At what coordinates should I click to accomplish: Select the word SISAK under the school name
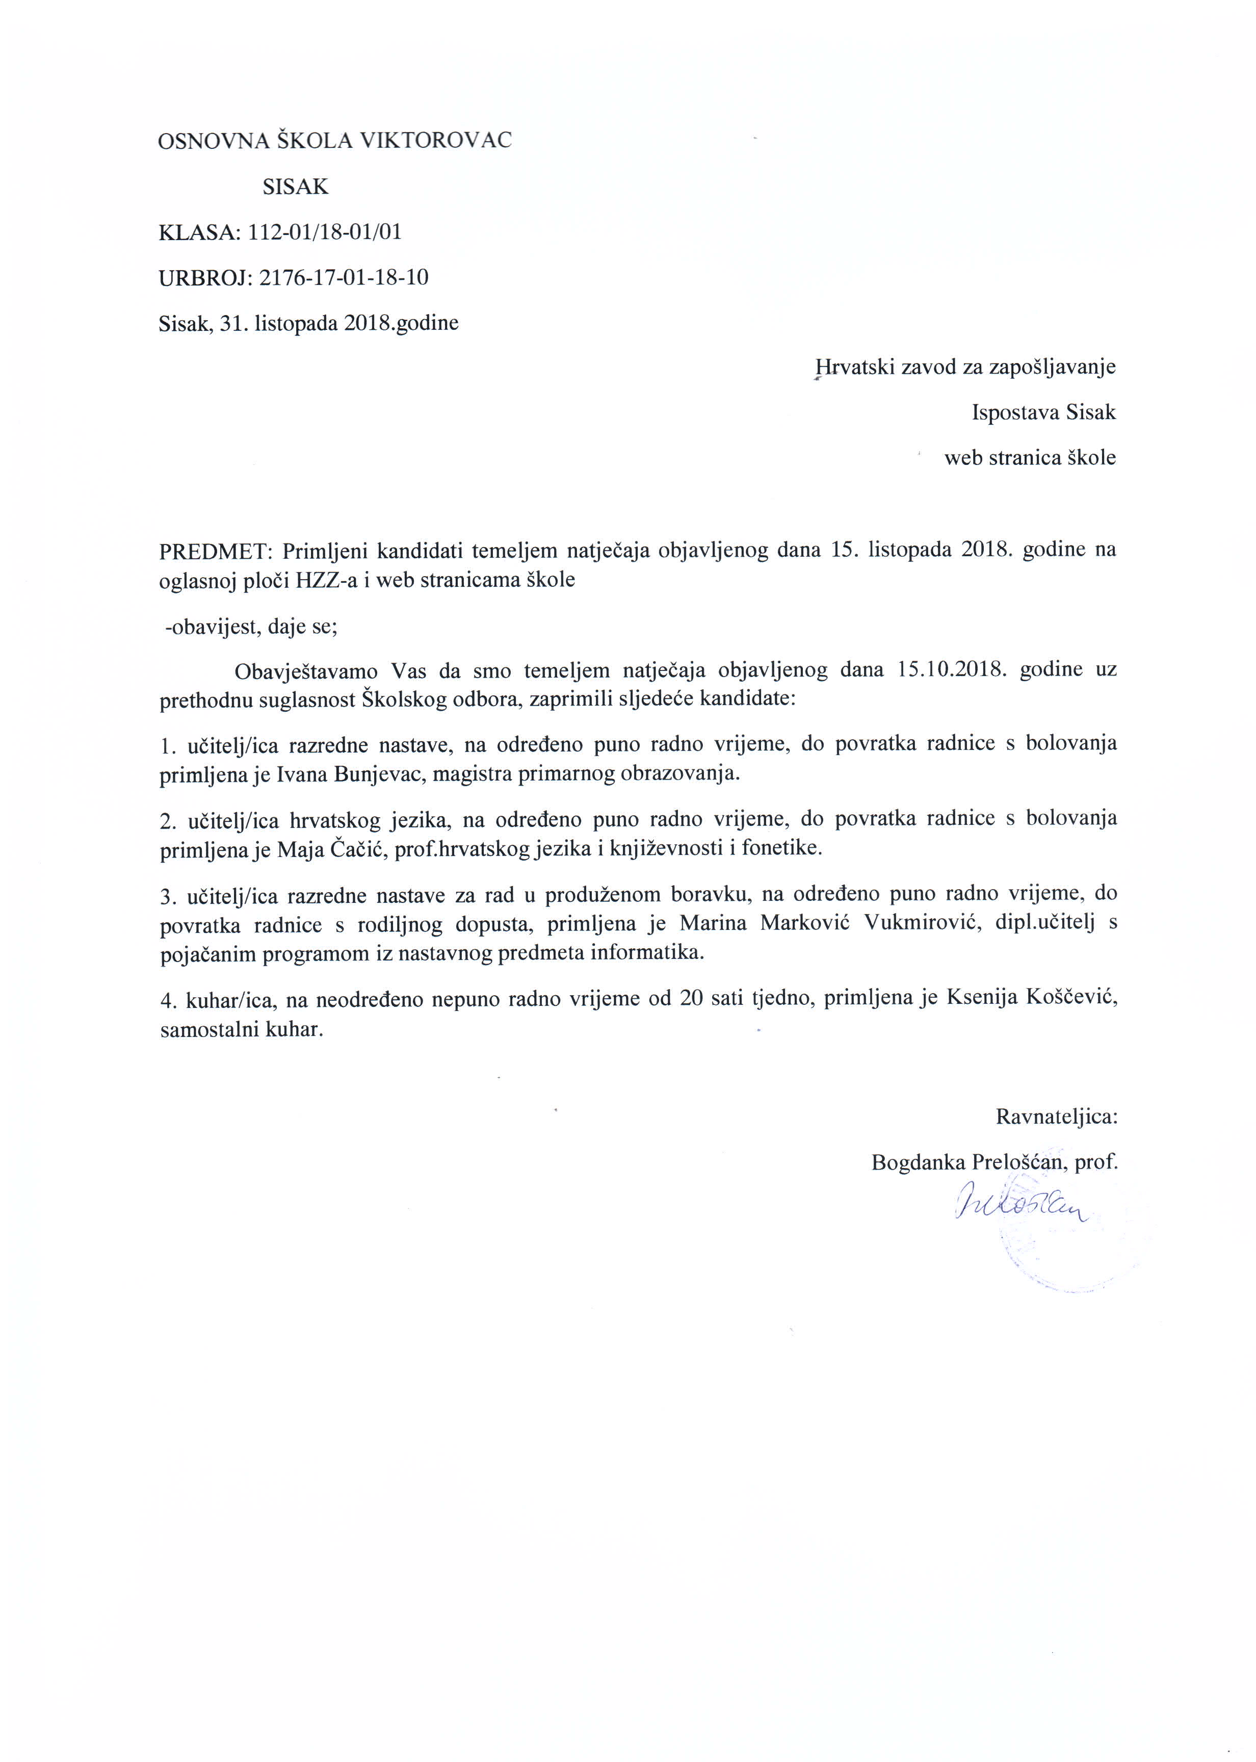[x=296, y=187]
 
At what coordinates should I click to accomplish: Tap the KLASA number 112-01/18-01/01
[x=325, y=232]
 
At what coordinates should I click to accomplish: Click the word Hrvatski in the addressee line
[x=855, y=366]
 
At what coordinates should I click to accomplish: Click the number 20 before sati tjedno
[x=691, y=999]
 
